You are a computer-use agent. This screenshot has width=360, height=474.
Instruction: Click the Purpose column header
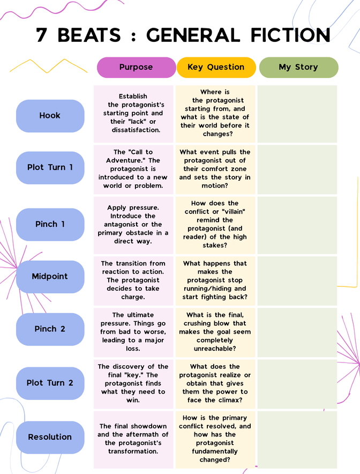[x=136, y=68]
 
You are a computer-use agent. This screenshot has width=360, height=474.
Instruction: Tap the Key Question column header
[x=216, y=68]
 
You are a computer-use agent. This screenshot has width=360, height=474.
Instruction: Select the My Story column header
[x=298, y=68]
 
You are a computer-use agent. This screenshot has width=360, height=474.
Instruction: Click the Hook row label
[x=50, y=116]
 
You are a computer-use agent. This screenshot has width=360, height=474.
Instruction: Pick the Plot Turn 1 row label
[x=50, y=168]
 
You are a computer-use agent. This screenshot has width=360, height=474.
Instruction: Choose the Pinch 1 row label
[x=50, y=224]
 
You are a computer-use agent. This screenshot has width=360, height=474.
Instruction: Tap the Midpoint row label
[x=50, y=277]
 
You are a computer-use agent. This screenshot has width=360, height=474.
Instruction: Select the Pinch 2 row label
[x=50, y=329]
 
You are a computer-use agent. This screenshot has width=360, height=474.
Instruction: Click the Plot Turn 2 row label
[x=50, y=383]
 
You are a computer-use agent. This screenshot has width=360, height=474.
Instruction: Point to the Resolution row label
[x=50, y=437]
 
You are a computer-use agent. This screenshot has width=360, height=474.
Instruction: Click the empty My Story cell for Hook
[x=297, y=114]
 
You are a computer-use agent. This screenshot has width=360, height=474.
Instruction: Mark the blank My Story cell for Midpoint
[x=297, y=281]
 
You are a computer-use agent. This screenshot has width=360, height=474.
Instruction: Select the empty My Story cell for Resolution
[x=297, y=440]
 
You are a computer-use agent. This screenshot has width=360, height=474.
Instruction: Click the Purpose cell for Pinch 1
[x=133, y=225]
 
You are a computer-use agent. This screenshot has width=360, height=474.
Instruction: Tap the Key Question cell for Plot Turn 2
[x=215, y=384]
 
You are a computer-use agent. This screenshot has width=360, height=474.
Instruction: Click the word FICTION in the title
[x=290, y=35]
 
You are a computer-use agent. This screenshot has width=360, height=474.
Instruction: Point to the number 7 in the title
[x=41, y=35]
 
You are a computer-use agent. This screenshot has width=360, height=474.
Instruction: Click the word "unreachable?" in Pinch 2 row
[x=215, y=349]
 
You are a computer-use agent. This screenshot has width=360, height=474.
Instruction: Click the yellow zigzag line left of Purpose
[x=48, y=66]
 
